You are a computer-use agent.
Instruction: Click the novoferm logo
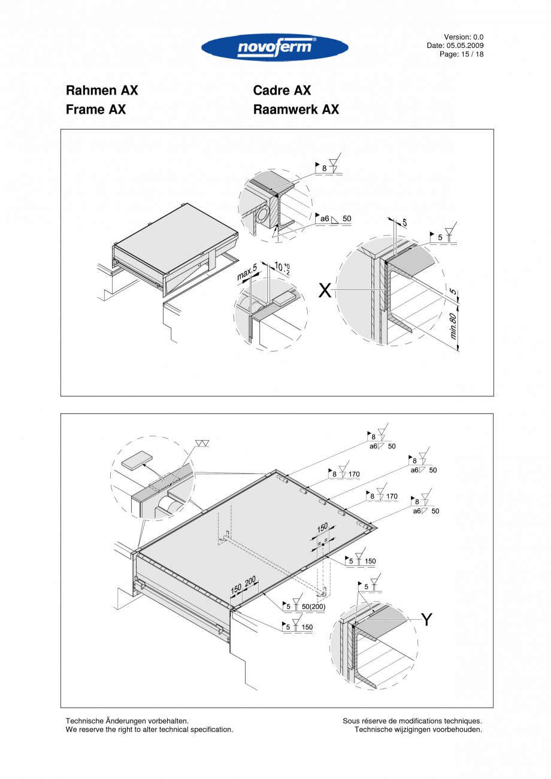point(275,48)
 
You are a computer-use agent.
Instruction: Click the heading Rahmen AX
point(102,90)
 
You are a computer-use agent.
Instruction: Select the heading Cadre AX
point(282,90)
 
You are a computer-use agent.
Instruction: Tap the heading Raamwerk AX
point(296,110)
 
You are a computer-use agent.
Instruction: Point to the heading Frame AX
point(96,110)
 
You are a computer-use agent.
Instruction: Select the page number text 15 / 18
point(470,54)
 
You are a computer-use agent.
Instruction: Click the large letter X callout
point(324,291)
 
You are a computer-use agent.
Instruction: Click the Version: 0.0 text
point(464,37)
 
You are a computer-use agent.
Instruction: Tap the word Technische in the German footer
point(84,721)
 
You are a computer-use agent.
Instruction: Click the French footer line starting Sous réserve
point(412,721)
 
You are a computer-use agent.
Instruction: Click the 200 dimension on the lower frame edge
point(250,580)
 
